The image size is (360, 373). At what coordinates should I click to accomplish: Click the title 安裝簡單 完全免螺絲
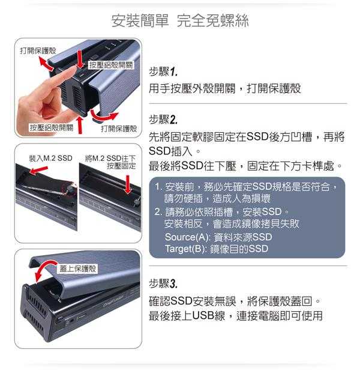pyautogui.click(x=180, y=20)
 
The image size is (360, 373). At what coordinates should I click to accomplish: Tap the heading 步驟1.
pyautogui.click(x=163, y=71)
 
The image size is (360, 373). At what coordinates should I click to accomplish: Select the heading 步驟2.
pyautogui.click(x=163, y=120)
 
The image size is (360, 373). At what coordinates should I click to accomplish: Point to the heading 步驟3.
pyautogui.click(x=163, y=284)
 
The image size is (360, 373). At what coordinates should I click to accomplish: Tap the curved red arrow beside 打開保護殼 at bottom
pyautogui.click(x=104, y=117)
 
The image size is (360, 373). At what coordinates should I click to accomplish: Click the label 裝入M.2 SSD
pyautogui.click(x=50, y=158)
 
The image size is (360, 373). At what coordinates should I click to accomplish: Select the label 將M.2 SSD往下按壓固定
pyautogui.click(x=110, y=162)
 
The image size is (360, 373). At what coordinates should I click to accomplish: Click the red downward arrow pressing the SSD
pyautogui.click(x=128, y=184)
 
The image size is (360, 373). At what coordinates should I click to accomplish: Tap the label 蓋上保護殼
pyautogui.click(x=77, y=269)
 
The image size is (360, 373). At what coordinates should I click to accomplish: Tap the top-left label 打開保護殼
pyautogui.click(x=38, y=50)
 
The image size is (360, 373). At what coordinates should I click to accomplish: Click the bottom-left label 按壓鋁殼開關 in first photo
pyautogui.click(x=52, y=127)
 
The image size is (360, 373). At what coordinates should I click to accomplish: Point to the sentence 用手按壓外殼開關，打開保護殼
pyautogui.click(x=225, y=88)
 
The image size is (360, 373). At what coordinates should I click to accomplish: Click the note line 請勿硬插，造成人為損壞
pyautogui.click(x=217, y=198)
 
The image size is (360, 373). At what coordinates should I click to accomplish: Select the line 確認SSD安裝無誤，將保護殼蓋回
pyautogui.click(x=235, y=302)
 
